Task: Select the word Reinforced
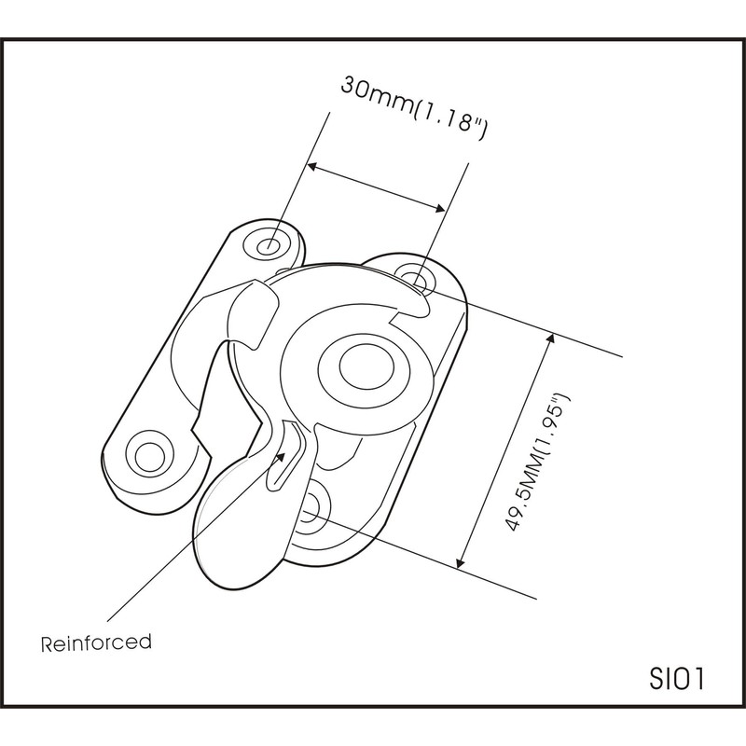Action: (x=96, y=642)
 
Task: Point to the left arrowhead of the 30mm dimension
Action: (x=314, y=168)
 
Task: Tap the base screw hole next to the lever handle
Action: (x=313, y=505)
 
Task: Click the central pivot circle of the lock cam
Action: (x=357, y=367)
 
